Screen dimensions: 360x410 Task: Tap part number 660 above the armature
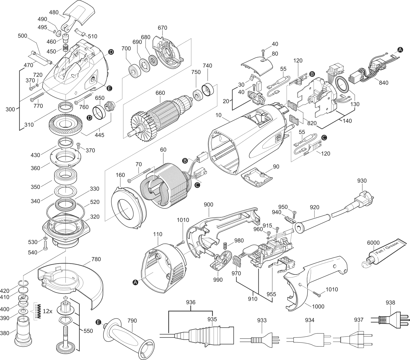click(x=160, y=93)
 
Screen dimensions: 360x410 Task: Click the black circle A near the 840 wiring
click(x=400, y=50)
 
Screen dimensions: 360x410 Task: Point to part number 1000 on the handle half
click(x=318, y=306)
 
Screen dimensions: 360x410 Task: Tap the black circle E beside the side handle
click(x=98, y=322)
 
